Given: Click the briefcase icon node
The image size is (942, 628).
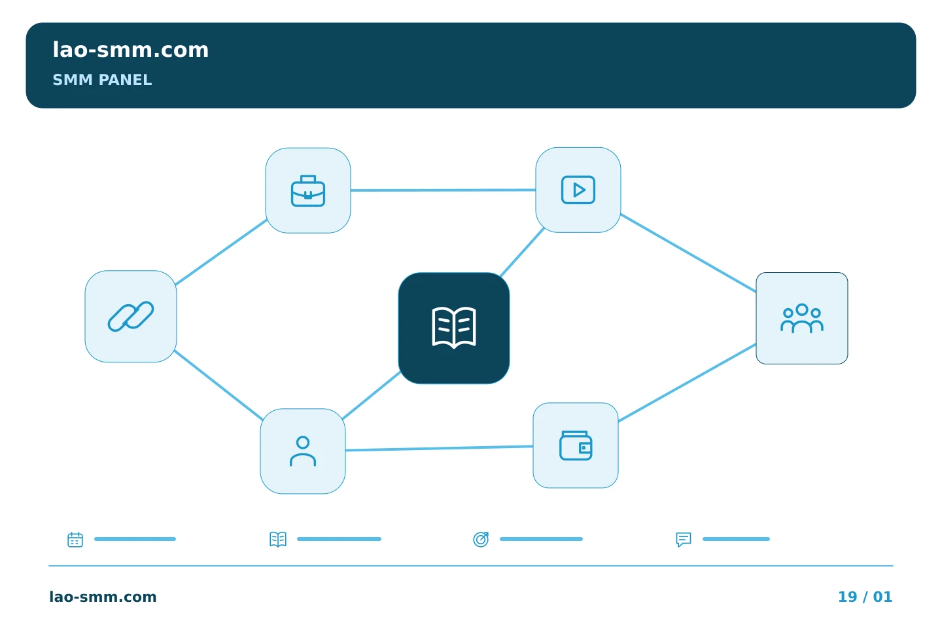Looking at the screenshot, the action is (x=308, y=190).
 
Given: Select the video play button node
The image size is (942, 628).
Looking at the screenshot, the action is (x=578, y=190).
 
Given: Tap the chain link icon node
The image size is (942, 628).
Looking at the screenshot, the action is (x=131, y=317).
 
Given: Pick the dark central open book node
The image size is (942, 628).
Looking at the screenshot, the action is (x=454, y=328).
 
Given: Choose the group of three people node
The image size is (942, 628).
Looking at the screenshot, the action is (x=802, y=318).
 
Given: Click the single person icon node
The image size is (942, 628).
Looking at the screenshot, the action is (x=303, y=451).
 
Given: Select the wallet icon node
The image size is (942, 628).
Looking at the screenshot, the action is (x=576, y=445).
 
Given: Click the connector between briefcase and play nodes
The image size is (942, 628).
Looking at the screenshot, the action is (x=444, y=190).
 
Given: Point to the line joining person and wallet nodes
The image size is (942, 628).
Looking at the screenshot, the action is (x=440, y=448).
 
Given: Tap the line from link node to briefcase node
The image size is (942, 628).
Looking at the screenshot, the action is (x=221, y=252).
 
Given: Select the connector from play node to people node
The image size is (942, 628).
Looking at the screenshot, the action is (x=688, y=253).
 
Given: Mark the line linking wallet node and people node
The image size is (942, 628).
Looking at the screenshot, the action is (x=687, y=383).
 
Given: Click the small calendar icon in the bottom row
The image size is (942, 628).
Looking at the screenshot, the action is (x=75, y=539).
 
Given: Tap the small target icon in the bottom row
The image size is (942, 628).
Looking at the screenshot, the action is (x=481, y=539).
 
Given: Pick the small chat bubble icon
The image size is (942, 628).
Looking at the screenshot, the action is (x=684, y=539).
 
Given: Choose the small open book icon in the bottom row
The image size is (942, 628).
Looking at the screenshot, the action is (x=278, y=539).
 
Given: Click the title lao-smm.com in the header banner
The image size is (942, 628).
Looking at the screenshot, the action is (x=131, y=50).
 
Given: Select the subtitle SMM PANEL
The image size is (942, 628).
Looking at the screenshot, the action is (x=102, y=80).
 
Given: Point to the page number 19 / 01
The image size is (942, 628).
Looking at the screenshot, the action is (x=865, y=597).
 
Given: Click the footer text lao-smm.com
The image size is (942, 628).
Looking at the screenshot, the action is (x=103, y=597).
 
